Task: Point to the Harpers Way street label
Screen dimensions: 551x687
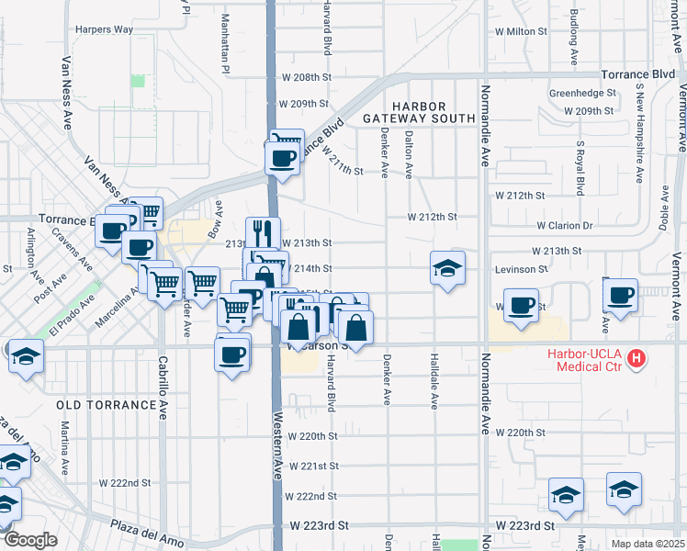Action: [105, 29]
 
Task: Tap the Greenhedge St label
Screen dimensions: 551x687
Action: [581, 93]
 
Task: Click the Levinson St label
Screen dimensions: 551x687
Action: [522, 269]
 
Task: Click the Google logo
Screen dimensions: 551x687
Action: [30, 540]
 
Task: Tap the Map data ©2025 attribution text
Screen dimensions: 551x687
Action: [648, 544]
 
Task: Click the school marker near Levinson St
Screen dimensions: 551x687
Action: [447, 268]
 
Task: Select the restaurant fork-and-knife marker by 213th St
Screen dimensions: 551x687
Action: [263, 232]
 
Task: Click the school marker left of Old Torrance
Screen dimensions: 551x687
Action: [25, 356]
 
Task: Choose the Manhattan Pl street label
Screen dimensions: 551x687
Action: [225, 42]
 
